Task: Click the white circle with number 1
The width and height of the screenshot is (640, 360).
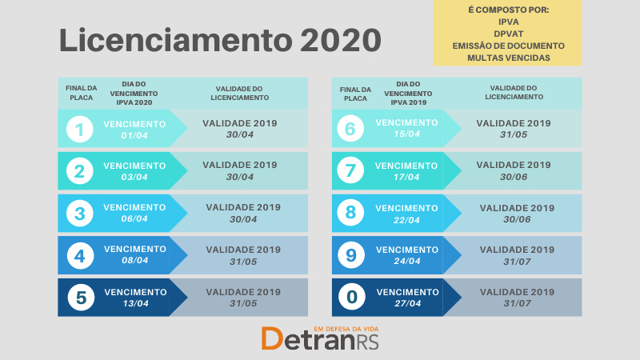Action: tap(79, 129)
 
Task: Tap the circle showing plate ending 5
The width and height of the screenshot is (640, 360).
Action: tap(81, 297)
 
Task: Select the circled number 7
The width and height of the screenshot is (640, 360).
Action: tap(350, 170)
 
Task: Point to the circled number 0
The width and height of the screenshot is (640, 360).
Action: tap(352, 297)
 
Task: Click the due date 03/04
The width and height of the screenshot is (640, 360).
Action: tap(134, 177)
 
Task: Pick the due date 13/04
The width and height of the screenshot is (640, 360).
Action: tap(135, 303)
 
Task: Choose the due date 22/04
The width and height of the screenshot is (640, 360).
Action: tap(406, 220)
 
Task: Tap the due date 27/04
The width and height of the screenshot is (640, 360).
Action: tap(407, 303)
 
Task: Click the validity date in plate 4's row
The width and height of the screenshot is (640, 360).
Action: tap(243, 262)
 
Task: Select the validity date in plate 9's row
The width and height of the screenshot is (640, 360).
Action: tap(517, 262)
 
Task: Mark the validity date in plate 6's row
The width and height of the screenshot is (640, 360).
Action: tap(514, 134)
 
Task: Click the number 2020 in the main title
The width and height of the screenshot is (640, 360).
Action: tap(341, 40)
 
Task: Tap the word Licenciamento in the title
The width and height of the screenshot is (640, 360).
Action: tap(176, 40)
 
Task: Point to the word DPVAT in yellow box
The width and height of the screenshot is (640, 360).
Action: tap(509, 34)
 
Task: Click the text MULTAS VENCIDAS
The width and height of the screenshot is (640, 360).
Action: tap(509, 58)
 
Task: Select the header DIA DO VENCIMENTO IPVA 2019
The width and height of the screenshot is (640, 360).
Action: tap(408, 94)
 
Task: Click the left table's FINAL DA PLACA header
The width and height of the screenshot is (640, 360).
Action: tap(82, 93)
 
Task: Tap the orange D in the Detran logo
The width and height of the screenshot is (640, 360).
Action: tap(272, 338)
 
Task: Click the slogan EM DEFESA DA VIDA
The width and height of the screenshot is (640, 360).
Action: tap(346, 329)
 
